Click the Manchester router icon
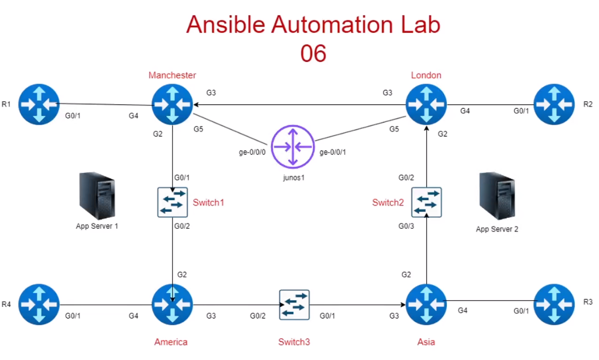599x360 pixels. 172,104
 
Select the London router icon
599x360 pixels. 426,104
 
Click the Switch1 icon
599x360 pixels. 172,202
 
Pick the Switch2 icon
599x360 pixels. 426,202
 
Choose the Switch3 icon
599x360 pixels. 294,305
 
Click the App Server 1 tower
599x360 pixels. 97,196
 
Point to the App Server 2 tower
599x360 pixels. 497,196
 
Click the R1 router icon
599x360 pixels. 38,104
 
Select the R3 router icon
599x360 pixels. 555,305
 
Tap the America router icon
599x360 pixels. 172,305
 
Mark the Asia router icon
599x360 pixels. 426,305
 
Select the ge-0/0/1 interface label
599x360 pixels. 333,153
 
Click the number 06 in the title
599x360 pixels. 313,54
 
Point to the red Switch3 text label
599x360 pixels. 294,342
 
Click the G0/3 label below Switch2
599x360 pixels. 406,227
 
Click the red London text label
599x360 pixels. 426,76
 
